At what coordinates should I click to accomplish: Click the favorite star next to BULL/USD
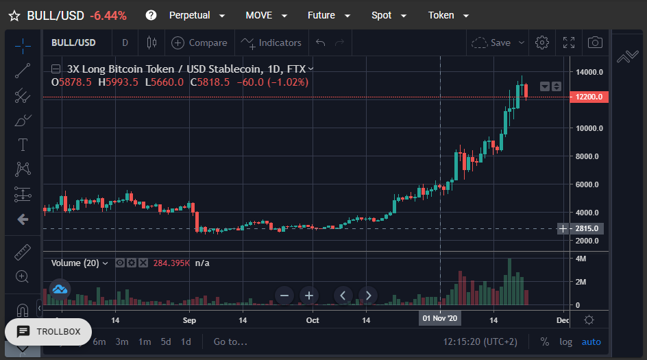coord(14,16)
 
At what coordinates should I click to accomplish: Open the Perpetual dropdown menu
coord(197,16)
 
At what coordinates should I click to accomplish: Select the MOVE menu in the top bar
coord(266,16)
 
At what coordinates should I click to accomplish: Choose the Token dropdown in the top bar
coord(448,16)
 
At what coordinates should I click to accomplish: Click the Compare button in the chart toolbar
coord(199,43)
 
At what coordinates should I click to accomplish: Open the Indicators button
coord(271,43)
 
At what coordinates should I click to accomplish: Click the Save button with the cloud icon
coord(498,43)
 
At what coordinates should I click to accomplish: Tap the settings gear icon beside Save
coord(542,43)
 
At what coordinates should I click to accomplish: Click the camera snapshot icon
coord(595,43)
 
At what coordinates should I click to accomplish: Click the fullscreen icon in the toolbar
coord(569,43)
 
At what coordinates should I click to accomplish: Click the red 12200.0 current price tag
coord(589,97)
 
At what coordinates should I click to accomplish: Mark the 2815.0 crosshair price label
coord(587,229)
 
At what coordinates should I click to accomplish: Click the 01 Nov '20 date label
coord(440,318)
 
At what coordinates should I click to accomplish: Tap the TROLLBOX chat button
coord(48,332)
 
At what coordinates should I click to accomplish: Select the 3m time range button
coord(122,342)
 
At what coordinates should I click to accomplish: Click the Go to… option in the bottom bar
coord(230,342)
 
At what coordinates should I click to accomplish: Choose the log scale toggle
coord(565,342)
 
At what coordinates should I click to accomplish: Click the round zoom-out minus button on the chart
coord(284,296)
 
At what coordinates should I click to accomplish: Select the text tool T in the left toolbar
coord(23,145)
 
